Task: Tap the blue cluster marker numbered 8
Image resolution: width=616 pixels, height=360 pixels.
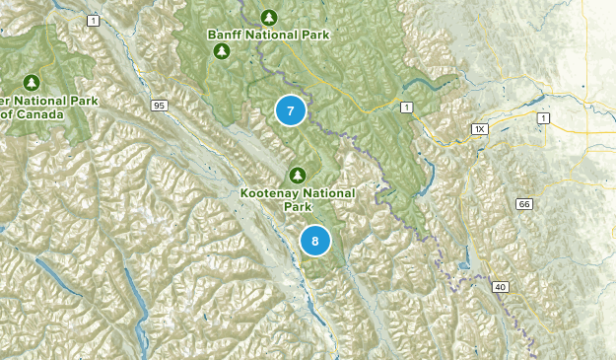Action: pyautogui.click(x=315, y=241)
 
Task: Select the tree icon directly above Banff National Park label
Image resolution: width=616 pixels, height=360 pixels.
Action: pyautogui.click(x=269, y=17)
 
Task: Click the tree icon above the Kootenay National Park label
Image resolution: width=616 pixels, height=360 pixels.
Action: pyautogui.click(x=292, y=175)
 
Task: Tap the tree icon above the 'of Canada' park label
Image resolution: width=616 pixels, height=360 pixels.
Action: pyautogui.click(x=32, y=82)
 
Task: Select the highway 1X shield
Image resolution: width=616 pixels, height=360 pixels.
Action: pyautogui.click(x=480, y=128)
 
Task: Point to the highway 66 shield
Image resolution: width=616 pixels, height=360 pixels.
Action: pyautogui.click(x=523, y=203)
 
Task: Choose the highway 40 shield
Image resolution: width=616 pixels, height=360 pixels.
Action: pyautogui.click(x=501, y=286)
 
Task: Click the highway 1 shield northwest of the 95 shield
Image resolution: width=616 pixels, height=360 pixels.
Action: pyautogui.click(x=93, y=21)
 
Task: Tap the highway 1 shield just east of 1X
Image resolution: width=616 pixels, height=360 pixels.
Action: pyautogui.click(x=542, y=118)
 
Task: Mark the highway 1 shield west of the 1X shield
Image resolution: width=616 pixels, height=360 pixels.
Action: pyautogui.click(x=405, y=106)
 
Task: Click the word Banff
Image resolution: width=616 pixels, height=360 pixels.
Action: pyautogui.click(x=225, y=35)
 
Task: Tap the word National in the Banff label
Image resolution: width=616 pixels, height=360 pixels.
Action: pyautogui.click(x=272, y=35)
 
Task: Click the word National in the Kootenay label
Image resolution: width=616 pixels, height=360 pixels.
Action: pyautogui.click(x=326, y=193)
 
